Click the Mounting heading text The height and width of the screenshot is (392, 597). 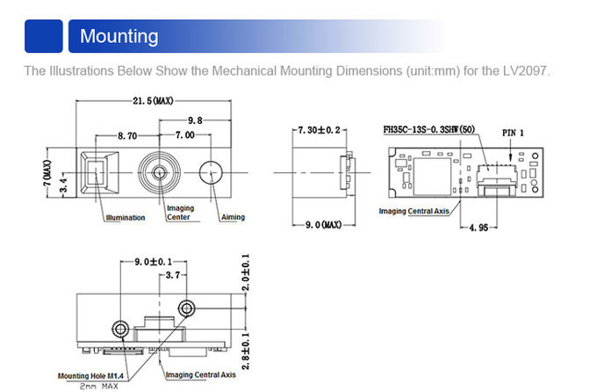(x=119, y=37)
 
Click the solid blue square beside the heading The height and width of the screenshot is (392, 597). (x=43, y=37)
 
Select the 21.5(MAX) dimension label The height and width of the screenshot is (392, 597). (x=153, y=102)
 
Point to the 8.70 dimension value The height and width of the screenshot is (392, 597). (x=127, y=137)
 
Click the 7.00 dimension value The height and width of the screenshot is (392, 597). (x=184, y=137)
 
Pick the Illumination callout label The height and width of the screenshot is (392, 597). (x=125, y=218)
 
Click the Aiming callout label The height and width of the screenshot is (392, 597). (x=233, y=218)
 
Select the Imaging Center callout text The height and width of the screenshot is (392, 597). (x=180, y=213)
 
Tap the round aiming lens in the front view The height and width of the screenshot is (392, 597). (x=212, y=172)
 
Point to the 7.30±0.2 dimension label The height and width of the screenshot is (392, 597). (x=319, y=130)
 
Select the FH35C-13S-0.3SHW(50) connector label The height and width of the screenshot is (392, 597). (x=429, y=130)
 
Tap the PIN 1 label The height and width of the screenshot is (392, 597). (x=513, y=133)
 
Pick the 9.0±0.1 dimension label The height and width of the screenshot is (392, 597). (x=153, y=263)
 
